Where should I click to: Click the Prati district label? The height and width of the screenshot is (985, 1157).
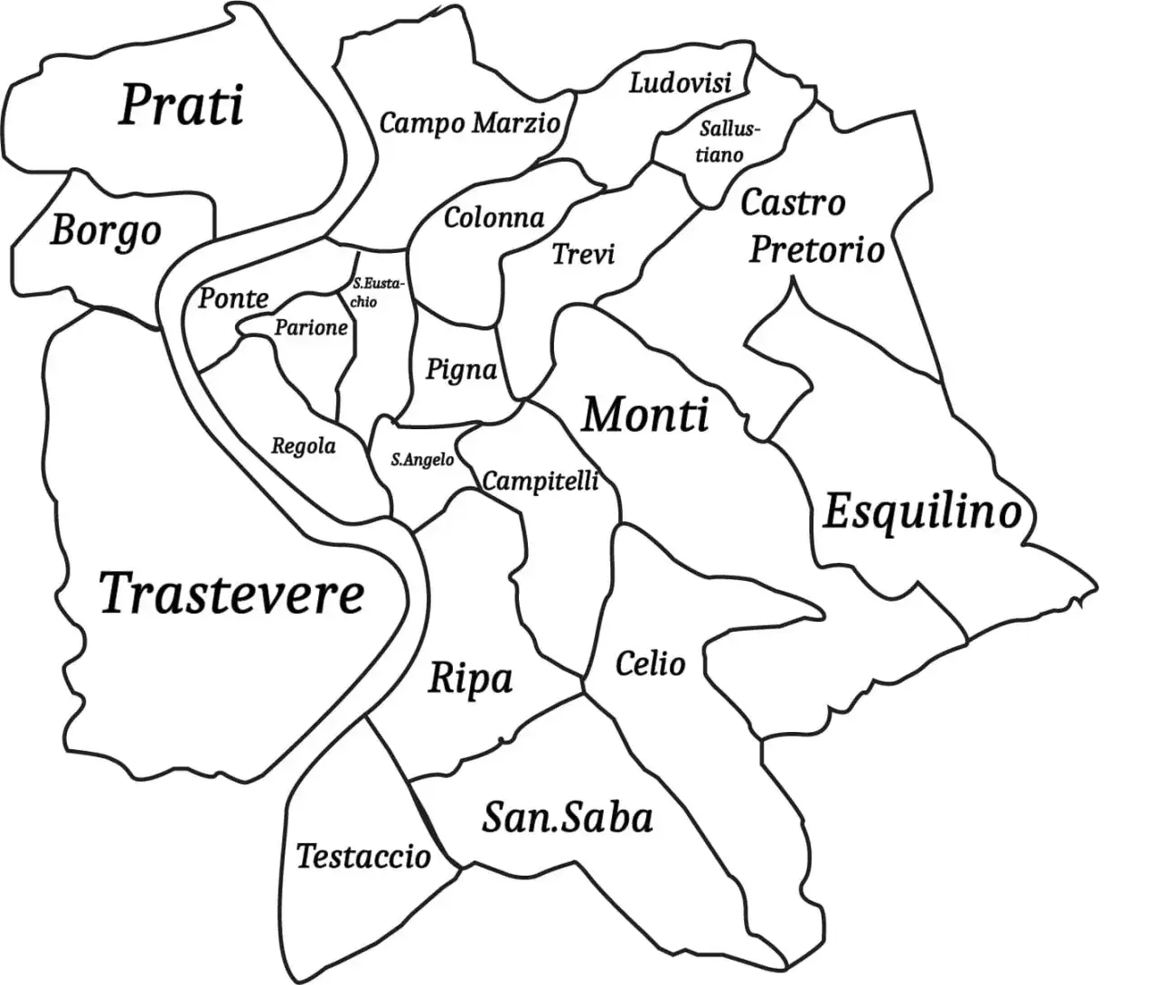point(182,106)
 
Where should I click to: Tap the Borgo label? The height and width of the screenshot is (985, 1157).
point(106,231)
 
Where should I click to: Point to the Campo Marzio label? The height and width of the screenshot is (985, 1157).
point(469,123)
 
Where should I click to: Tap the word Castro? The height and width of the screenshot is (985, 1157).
point(793,202)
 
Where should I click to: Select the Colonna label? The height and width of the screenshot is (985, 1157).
point(494,218)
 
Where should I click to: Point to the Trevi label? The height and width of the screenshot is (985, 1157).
point(583,254)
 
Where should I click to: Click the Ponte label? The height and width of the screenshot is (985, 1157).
point(233,297)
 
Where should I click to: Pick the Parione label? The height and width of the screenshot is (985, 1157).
point(311,327)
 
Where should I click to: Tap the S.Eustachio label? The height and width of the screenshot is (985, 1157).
point(372,293)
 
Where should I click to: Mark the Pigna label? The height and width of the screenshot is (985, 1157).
point(461,370)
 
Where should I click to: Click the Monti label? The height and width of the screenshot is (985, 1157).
point(644,416)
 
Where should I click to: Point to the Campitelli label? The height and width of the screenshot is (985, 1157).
point(541,481)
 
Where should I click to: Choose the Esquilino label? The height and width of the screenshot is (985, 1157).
point(922,513)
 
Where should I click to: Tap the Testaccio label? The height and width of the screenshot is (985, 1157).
point(363,855)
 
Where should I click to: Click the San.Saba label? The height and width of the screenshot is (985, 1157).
point(567,818)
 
